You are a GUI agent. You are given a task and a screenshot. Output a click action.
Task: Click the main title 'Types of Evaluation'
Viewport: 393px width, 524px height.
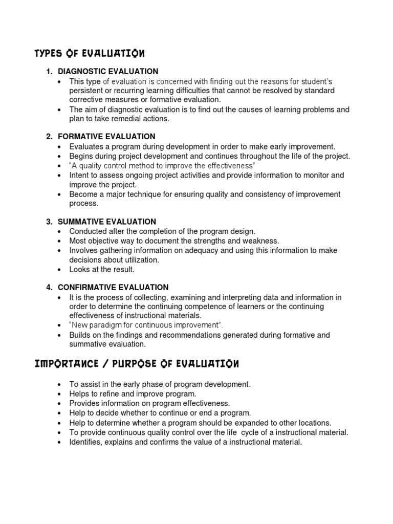89,53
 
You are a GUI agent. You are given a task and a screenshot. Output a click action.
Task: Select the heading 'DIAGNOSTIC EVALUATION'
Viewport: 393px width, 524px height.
108,71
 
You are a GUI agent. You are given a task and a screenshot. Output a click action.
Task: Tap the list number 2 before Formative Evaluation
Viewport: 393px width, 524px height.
49,137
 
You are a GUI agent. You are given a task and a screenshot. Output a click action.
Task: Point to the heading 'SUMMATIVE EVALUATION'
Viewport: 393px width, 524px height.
107,222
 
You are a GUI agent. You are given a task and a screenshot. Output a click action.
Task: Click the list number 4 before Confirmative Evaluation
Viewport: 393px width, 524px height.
49,288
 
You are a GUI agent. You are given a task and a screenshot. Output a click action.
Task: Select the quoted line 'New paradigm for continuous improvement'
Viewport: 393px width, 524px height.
146,325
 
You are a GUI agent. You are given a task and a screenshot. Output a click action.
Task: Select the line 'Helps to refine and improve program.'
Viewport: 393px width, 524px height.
133,394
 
